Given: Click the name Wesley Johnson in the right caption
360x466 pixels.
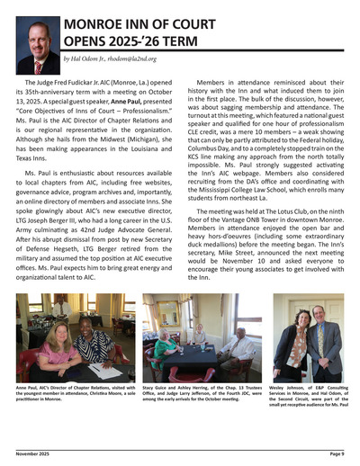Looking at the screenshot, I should click(287, 388).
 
